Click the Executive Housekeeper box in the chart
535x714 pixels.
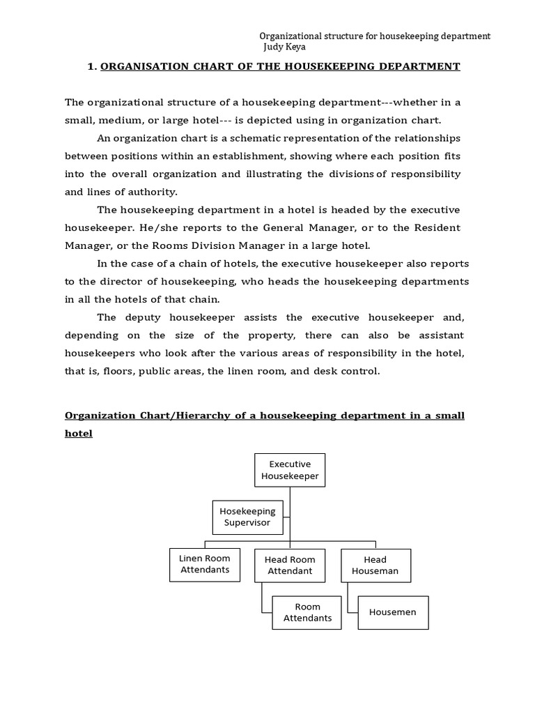click(x=290, y=470)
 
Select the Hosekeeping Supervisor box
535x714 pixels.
click(x=247, y=517)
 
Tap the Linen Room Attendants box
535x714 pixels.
click(x=204, y=564)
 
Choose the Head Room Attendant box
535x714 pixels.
click(x=290, y=565)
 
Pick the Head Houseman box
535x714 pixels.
click(x=375, y=565)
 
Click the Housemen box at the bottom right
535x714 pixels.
click(x=393, y=612)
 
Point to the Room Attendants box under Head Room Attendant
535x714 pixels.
click(x=307, y=613)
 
